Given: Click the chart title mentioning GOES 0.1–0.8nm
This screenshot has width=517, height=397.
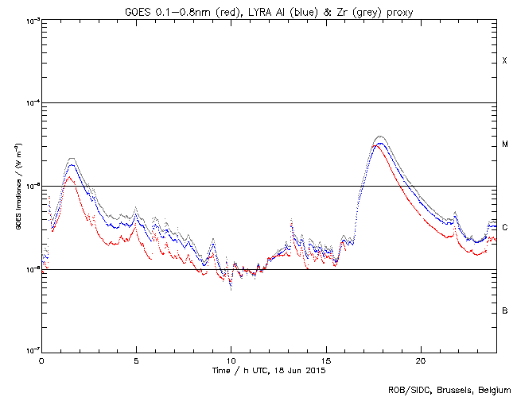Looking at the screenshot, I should tap(269, 10).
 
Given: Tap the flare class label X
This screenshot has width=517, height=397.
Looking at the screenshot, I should tap(504, 61).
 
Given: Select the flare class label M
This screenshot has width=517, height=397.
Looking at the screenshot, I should tap(504, 145).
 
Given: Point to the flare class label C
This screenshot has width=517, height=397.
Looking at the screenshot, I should tap(504, 228).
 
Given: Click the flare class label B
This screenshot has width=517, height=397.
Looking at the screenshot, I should tap(504, 310).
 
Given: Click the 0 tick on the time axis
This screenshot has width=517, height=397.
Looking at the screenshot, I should tap(41, 360).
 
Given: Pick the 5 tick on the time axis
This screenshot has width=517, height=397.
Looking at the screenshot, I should tap(136, 360).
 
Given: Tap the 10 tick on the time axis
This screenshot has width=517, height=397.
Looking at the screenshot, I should tap(231, 360).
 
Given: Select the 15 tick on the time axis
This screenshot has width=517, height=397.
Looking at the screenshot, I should tap(326, 360).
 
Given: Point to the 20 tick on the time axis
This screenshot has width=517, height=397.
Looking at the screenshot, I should tap(421, 360).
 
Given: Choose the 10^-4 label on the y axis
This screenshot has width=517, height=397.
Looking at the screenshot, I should tap(29, 103).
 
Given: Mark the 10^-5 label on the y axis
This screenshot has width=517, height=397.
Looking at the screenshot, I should tap(29, 187).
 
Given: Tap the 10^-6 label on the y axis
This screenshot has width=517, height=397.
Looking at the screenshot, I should tap(29, 270).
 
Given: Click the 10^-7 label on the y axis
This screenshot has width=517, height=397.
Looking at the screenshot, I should tap(29, 352).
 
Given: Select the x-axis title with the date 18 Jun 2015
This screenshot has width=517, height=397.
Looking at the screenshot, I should tap(269, 370).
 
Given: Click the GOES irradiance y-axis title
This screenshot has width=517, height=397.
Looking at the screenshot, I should tap(16, 187).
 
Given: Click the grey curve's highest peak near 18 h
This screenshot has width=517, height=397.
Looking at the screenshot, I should tap(379, 137).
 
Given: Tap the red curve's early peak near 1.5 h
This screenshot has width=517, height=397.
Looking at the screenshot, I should tap(70, 177).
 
